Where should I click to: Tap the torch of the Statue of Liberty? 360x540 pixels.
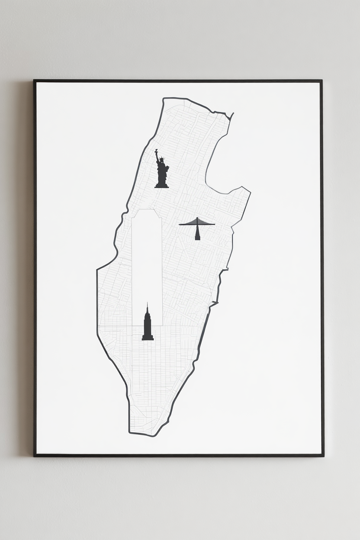click(x=156, y=151)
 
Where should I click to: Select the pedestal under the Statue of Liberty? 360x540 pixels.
click(x=162, y=184)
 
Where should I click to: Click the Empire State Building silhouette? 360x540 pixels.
click(x=148, y=325)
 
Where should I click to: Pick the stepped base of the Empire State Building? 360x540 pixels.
click(x=148, y=337)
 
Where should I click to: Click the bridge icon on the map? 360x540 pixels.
click(x=197, y=227)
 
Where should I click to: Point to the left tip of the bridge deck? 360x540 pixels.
click(x=180, y=224)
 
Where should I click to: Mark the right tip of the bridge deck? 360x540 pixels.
click(x=214, y=224)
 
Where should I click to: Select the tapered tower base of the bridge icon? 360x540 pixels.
click(x=197, y=235)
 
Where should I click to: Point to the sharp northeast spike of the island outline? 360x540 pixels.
click(x=233, y=114)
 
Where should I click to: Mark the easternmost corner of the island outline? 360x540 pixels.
click(x=250, y=191)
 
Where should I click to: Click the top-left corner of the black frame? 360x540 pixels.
click(x=34, y=81)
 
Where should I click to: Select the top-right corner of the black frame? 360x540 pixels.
click(x=321, y=81)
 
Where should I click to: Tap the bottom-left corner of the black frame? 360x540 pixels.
click(x=35, y=455)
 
